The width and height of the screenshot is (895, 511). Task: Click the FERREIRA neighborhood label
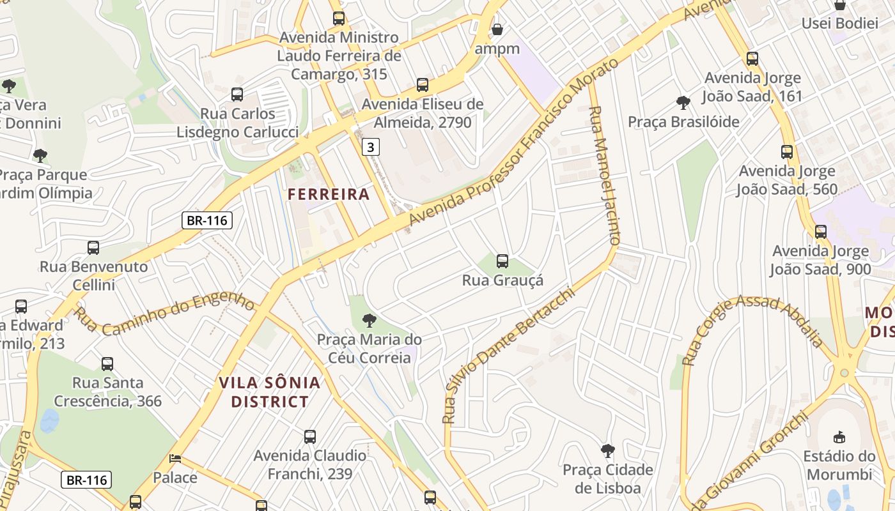329,194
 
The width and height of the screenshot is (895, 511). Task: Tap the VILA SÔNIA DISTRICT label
269,392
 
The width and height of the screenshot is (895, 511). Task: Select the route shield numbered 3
370,147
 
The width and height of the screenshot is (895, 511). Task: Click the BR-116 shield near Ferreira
206,221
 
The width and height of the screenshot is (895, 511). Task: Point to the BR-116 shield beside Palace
86,480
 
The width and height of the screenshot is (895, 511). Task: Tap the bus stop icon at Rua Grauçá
502,261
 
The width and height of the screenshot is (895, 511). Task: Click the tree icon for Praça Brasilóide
683,102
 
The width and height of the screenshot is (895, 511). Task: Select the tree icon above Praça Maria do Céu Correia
369,321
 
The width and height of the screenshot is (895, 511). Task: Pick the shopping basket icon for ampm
497,29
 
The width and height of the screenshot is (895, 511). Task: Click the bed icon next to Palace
175,459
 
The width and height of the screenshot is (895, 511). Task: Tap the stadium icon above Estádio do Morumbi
839,437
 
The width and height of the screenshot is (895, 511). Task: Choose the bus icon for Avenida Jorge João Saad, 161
752,59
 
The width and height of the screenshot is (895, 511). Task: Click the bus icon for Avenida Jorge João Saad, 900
820,231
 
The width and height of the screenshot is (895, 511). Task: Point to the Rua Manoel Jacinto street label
604,176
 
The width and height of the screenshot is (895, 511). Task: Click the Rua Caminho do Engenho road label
164,312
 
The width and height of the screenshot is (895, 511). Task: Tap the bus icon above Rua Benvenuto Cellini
93,247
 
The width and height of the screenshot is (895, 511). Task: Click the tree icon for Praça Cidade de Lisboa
607,451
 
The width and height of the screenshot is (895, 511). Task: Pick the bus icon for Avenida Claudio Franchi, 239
310,437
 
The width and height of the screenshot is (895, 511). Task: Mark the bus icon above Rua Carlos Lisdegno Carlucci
237,95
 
